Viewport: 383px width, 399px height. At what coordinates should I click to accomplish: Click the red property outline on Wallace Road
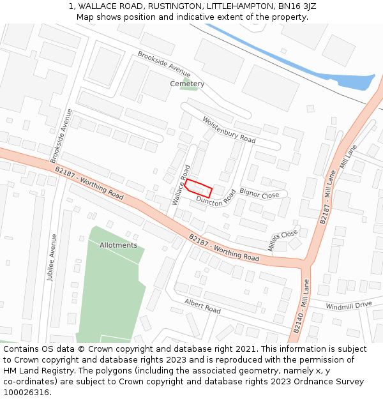pyautogui.click(x=198, y=188)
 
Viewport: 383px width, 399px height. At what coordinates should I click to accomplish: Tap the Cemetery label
pyautogui.click(x=187, y=84)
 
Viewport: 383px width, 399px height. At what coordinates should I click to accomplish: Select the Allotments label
pyautogui.click(x=118, y=245)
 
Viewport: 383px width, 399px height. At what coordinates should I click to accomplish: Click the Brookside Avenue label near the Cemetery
pyautogui.click(x=163, y=63)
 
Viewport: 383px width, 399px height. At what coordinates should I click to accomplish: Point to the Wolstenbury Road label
pyautogui.click(x=229, y=130)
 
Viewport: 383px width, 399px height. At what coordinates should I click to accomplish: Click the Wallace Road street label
pyautogui.click(x=181, y=184)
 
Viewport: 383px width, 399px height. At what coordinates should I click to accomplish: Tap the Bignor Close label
pyautogui.click(x=259, y=193)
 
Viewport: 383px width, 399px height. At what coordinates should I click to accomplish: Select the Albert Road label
pyautogui.click(x=202, y=306)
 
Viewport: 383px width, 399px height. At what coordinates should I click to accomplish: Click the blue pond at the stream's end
pyautogui.click(x=355, y=82)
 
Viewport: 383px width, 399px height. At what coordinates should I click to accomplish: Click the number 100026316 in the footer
pyautogui.click(x=26, y=392)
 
